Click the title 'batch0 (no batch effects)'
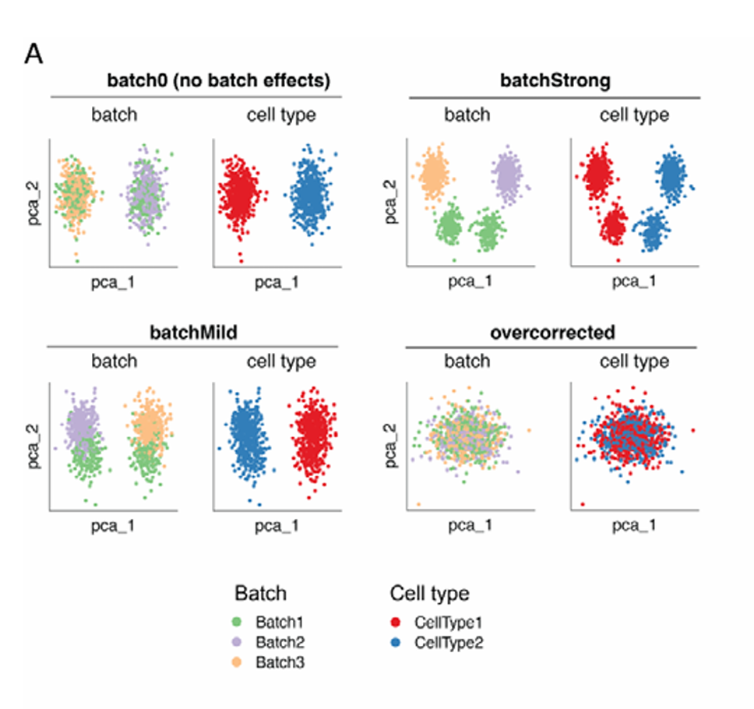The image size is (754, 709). [x=219, y=81]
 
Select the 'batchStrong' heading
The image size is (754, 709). [x=555, y=81]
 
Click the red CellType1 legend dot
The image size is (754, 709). [x=396, y=623]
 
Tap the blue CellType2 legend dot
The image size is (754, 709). [x=396, y=643]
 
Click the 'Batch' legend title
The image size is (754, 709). [x=260, y=593]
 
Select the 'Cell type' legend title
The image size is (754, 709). [x=429, y=593]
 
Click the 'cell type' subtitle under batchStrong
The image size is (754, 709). [x=634, y=115]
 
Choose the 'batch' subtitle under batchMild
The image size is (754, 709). [x=114, y=362]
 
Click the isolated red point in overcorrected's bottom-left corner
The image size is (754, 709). [x=583, y=504]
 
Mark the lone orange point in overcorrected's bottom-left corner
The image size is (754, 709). [x=419, y=504]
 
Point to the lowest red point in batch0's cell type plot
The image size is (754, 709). [x=241, y=259]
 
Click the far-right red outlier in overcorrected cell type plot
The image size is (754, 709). [x=692, y=431]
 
